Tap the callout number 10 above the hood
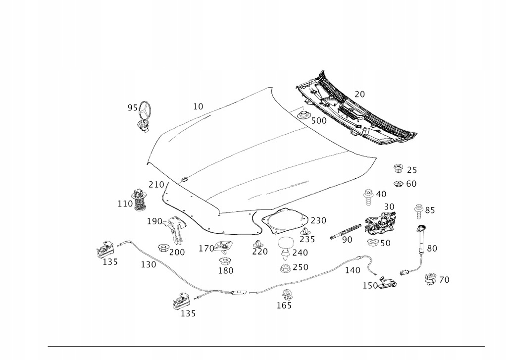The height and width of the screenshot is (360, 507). coord(198,106)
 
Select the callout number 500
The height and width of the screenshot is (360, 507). coord(318,121)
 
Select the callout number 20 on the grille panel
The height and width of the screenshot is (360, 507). coord(359,95)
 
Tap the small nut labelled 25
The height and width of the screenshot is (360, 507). coord(398,168)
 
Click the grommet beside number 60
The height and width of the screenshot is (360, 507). coord(398,184)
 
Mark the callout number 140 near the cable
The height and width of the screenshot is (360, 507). coord(353,270)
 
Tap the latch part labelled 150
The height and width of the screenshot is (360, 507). coord(388,284)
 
